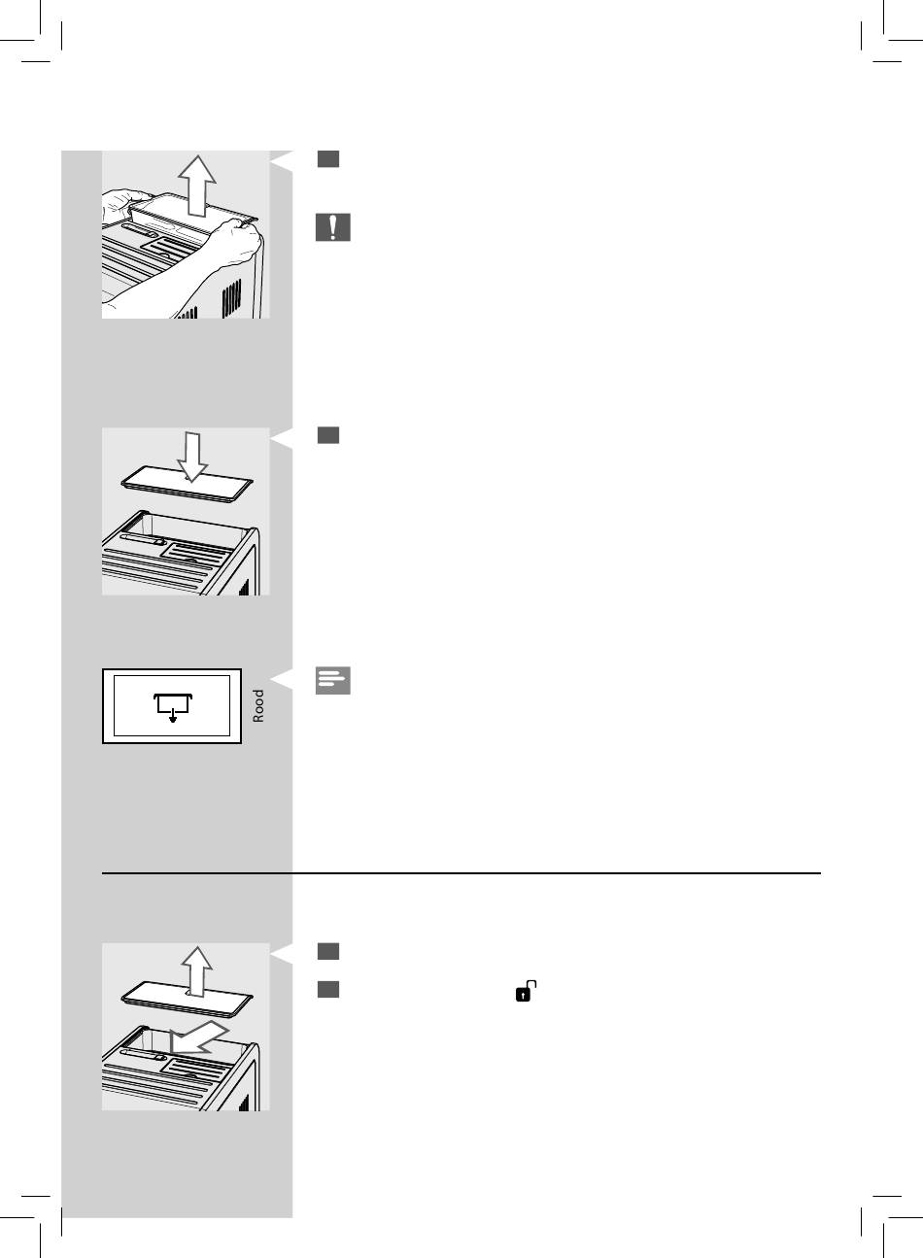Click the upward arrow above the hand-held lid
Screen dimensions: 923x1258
point(197,186)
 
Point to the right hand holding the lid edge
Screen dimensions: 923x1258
point(236,242)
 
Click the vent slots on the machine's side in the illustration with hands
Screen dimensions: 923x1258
point(231,297)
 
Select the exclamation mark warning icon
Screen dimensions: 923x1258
point(333,227)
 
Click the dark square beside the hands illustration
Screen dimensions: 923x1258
point(328,159)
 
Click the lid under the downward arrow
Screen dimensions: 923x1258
point(188,484)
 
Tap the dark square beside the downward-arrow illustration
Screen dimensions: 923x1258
point(328,435)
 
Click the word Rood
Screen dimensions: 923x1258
point(257,706)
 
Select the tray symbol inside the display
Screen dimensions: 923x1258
point(173,707)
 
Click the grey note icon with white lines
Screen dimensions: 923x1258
point(333,681)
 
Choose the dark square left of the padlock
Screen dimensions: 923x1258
point(328,990)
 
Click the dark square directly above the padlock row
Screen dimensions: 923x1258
point(328,951)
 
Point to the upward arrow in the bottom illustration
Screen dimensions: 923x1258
point(196,971)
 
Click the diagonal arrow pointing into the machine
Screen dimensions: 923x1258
point(198,1037)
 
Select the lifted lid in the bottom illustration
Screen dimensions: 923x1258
point(188,1000)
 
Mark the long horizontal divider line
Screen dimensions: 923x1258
point(461,873)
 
